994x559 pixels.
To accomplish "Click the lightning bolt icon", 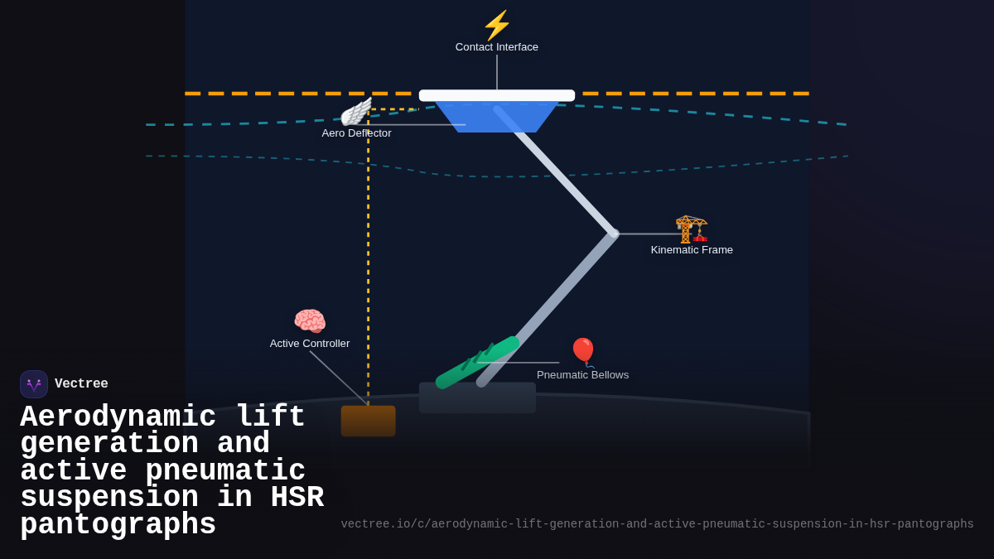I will pos(497,25).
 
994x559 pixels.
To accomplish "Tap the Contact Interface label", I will pos(497,47).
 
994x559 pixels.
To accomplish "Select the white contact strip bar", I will pos(497,95).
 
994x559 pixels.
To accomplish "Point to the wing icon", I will pos(356,112).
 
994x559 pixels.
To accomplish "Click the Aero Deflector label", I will pos(356,133).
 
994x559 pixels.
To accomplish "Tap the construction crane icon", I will pos(692,228).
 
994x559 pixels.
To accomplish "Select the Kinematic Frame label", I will pos(692,250).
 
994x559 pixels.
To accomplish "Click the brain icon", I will pos(310,321).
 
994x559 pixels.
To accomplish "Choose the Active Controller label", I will pos(310,344).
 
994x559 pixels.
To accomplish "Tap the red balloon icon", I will pos(583,352).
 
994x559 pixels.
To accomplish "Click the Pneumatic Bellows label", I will pos(582,375).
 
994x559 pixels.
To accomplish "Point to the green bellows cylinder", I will pos(478,362).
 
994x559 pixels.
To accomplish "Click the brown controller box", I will pos(368,421).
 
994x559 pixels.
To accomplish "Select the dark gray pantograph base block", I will pos(477,398).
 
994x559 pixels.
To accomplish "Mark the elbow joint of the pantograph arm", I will pos(613,234).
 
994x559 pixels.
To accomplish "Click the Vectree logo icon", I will pos(34,384).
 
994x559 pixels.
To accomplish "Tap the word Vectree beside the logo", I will pos(81,384).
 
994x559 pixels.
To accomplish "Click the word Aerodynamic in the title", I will pos(118,417).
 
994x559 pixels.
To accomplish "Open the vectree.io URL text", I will pos(657,524).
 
